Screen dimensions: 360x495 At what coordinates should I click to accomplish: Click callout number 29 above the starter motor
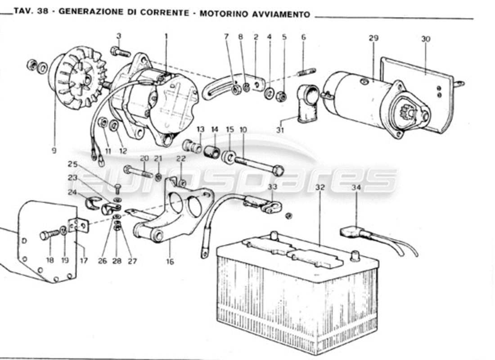pos(373,39)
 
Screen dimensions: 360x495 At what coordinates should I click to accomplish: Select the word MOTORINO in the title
pos(218,14)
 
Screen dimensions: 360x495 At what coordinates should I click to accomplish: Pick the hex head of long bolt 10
pos(279,171)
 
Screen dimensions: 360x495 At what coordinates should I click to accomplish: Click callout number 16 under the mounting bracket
pos(170,261)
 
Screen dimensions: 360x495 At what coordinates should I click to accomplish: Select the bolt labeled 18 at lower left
pos(49,234)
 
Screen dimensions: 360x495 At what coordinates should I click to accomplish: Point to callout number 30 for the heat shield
pos(425,39)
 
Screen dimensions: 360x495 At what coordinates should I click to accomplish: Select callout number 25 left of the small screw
pos(73,164)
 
